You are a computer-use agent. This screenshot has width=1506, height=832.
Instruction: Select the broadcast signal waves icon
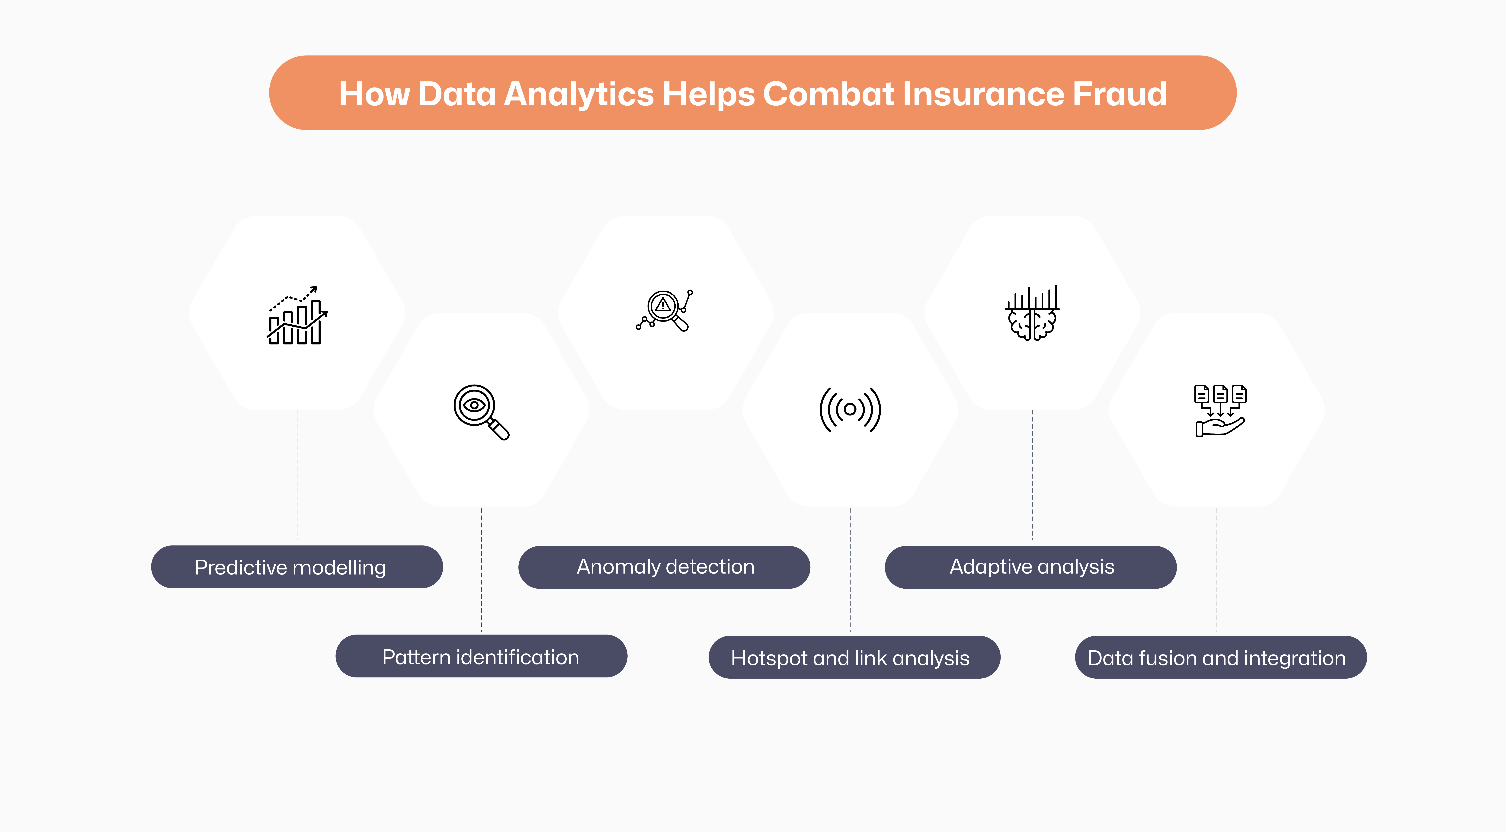[850, 409]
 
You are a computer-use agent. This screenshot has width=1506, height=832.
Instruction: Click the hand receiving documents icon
[1219, 410]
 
